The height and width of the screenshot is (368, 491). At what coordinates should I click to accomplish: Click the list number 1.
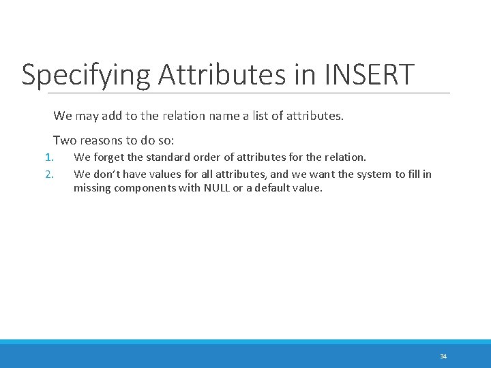(48, 157)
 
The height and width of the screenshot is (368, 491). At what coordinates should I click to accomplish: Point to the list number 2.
(48, 174)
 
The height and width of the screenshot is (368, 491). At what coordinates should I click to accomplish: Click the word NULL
(218, 188)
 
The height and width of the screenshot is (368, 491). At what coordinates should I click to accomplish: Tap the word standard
(170, 157)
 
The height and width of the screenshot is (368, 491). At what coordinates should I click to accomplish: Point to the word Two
(65, 140)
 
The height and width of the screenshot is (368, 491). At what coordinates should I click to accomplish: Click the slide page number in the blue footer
(443, 356)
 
